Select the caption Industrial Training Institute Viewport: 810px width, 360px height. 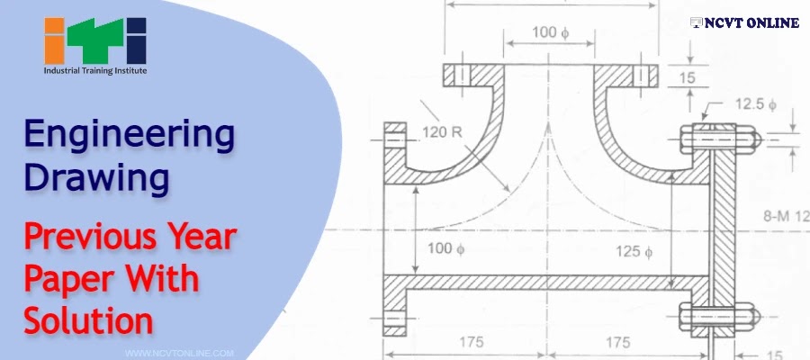(x=94, y=69)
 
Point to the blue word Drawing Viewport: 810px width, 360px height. (x=96, y=177)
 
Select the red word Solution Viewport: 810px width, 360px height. (x=88, y=319)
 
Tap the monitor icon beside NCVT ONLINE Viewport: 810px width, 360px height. (x=696, y=22)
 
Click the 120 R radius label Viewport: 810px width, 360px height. (x=442, y=131)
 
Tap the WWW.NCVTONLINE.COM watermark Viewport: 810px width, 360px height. (x=180, y=354)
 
